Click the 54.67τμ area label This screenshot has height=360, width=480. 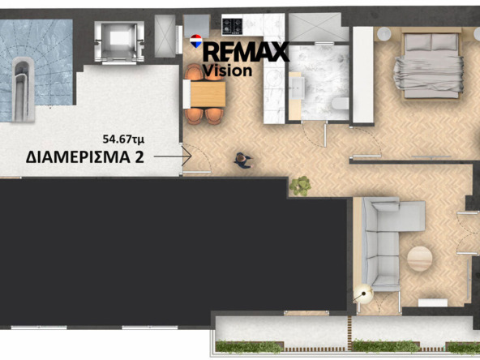tap(123, 139)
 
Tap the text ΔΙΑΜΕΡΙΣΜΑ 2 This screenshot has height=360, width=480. tap(85, 157)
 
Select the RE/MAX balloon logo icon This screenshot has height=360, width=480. tap(196, 41)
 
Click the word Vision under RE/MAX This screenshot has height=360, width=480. tap(228, 71)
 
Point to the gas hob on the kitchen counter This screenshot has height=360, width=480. tap(233, 26)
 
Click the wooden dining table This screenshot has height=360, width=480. tap(208, 94)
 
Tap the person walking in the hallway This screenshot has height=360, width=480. tap(243, 161)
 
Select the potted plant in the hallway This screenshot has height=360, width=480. tap(300, 186)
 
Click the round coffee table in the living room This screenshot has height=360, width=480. tap(420, 259)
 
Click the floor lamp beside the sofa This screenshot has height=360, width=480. tap(363, 294)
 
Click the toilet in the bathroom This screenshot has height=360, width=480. tap(341, 104)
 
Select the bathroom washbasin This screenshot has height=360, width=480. tap(297, 88)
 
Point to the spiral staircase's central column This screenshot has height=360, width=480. tap(23, 89)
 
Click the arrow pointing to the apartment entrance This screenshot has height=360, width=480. tap(173, 156)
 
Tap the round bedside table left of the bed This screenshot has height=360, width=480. tap(384, 34)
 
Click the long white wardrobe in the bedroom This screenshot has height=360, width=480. tap(363, 75)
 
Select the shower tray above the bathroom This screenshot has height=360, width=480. tap(319, 28)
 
